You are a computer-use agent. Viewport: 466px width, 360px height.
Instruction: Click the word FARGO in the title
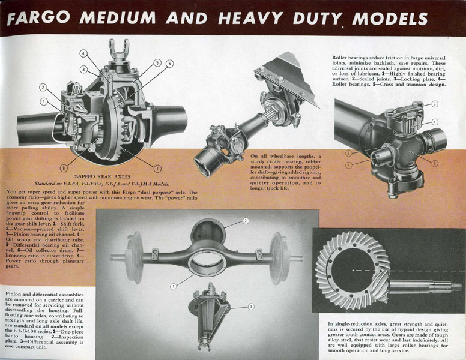38,19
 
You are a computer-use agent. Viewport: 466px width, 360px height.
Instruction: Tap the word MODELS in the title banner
390,19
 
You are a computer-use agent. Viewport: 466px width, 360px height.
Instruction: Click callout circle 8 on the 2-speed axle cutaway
63,168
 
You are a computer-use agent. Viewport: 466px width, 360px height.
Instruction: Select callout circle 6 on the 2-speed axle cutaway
169,63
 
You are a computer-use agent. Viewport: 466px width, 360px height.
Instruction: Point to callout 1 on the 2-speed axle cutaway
44,101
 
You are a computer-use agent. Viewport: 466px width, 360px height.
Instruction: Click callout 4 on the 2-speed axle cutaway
83,53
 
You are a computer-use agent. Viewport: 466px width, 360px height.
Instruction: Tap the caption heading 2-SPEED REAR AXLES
102,176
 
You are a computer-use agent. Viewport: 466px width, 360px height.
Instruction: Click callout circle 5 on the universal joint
435,163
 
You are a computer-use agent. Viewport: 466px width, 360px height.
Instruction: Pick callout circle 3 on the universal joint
435,104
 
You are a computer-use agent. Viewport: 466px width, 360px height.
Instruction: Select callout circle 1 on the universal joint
349,164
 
